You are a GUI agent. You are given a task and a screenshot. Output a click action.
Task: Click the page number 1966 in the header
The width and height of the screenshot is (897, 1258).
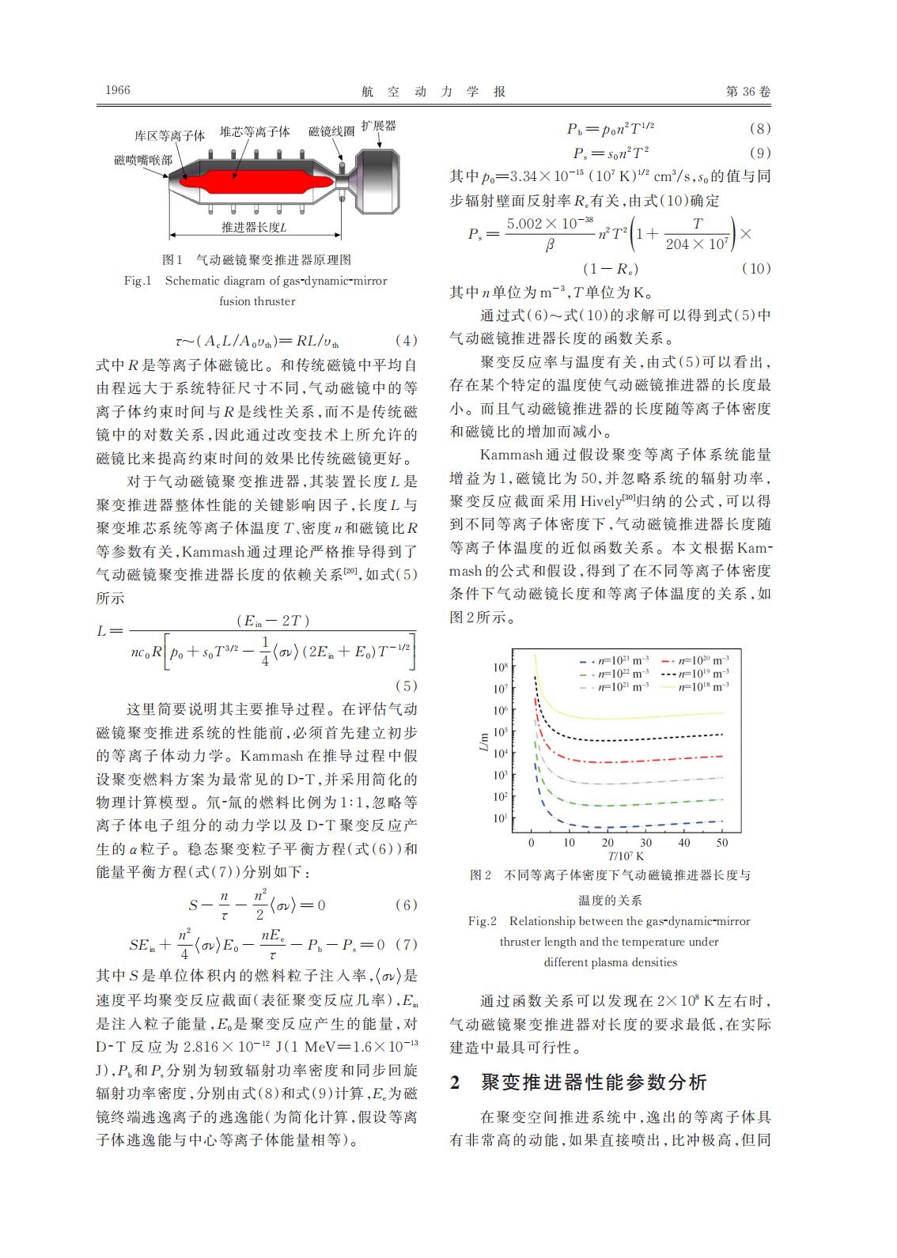point(118,90)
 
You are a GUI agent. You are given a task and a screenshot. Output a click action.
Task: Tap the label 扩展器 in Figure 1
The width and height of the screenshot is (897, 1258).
point(378,127)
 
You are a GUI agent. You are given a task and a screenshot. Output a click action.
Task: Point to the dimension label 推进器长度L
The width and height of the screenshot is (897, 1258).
point(253,227)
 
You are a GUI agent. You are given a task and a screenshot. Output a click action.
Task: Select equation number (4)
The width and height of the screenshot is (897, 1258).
point(405,341)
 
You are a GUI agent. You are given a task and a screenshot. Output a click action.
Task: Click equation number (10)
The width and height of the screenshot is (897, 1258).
point(755,269)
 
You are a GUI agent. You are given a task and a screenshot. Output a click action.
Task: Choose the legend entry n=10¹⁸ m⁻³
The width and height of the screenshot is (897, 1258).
point(702,686)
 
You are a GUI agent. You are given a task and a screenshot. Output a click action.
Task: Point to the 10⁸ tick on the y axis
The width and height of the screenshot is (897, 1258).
point(500,667)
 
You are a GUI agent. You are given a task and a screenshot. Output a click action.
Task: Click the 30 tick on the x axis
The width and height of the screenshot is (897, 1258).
point(645,843)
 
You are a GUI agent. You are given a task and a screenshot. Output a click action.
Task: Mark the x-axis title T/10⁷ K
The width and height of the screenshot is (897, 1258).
point(626,856)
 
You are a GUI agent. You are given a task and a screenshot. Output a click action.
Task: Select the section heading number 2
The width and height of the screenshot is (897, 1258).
point(455,1082)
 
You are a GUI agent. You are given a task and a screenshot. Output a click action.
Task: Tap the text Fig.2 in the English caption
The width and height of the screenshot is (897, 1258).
point(482,921)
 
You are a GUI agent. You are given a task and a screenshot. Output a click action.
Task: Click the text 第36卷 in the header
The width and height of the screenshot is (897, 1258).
point(747,91)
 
